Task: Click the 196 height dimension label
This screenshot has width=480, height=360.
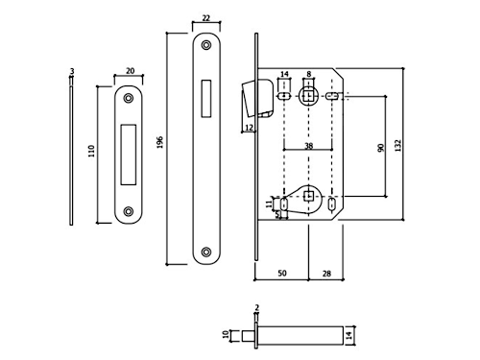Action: click(160, 142)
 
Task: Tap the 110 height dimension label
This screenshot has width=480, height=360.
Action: click(91, 151)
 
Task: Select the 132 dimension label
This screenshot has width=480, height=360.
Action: click(397, 145)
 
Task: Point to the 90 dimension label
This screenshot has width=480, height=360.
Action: click(381, 148)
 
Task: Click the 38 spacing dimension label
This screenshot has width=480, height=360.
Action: click(308, 146)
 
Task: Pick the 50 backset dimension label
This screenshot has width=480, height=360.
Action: click(282, 273)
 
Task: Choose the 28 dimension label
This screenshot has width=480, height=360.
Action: click(326, 274)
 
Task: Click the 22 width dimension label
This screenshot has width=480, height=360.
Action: click(206, 18)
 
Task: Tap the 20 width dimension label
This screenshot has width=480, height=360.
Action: click(130, 71)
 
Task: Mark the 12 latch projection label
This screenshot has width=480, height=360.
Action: click(249, 128)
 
